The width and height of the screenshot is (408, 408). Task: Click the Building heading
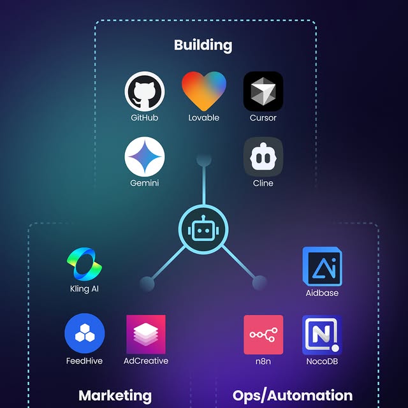coord(203,45)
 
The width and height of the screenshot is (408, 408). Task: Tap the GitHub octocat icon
coord(145,91)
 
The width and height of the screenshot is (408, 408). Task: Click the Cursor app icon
coord(263,91)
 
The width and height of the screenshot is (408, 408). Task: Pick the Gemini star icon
coord(145,157)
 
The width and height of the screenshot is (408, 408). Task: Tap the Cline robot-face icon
coord(263,157)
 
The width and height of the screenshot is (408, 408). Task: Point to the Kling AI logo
coord(84,263)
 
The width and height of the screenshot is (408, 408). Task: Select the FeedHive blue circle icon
coord(85,335)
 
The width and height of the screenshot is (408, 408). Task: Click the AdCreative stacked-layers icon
coord(146,335)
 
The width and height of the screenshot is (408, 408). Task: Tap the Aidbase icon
coord(322,266)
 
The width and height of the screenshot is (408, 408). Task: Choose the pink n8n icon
coord(263,335)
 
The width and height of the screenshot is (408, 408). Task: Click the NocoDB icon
coord(322,335)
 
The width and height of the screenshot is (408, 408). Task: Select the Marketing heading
coord(115,396)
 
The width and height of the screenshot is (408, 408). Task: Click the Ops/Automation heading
coord(293,396)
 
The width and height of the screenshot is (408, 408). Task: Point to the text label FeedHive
coord(85,361)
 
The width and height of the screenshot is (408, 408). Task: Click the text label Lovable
coord(204,118)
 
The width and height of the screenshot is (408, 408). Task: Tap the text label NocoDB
coord(322,361)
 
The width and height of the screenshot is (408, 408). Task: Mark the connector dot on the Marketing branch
coord(147,282)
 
